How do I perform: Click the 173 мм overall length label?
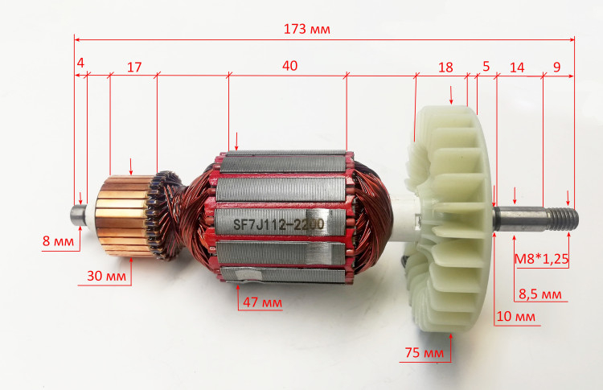306,29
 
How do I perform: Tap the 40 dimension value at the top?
289,66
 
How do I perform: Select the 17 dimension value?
134,68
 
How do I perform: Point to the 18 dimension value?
445,68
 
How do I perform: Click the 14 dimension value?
517,68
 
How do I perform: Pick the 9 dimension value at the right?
557,67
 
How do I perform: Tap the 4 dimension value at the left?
80,63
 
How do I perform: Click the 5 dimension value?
486,66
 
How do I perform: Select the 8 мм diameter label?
58,241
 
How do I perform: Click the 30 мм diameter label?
106,276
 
